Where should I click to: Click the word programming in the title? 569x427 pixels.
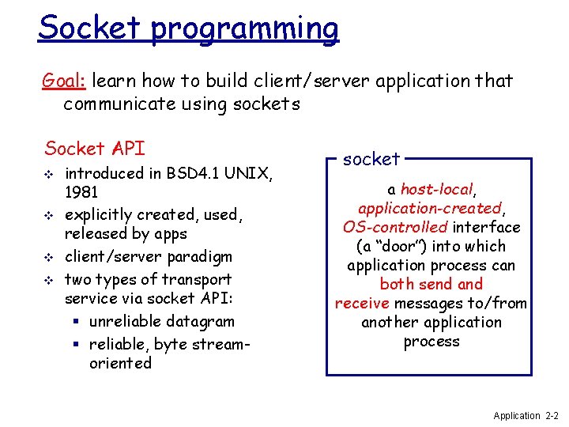point(245,29)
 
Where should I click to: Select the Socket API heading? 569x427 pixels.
point(95,149)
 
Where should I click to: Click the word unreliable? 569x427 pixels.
point(129,321)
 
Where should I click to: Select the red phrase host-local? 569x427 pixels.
point(436,190)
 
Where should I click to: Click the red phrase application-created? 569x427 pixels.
point(429,209)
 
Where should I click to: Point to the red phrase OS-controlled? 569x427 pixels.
point(395,228)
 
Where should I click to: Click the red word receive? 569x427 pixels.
point(362,304)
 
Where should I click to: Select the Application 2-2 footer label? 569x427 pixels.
point(526,416)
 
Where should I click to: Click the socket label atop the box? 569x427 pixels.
point(371,159)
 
